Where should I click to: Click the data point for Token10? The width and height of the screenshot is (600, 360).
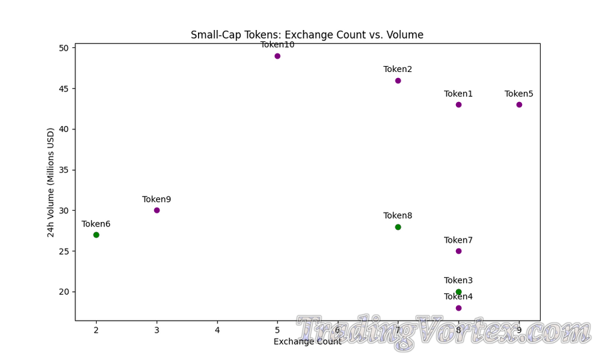(277, 56)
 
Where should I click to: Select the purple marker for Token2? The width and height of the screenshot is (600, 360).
(398, 81)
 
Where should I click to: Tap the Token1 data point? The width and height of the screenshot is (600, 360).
(459, 105)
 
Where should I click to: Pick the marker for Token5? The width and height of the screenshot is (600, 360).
(519, 105)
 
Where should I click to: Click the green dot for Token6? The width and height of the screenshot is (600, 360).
(96, 235)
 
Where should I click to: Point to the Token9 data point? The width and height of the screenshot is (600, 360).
(157, 210)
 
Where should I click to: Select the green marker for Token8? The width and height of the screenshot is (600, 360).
(398, 227)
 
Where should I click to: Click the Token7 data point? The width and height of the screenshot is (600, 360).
(459, 251)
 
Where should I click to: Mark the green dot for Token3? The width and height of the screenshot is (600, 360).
(459, 292)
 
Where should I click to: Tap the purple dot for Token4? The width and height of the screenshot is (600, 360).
(459, 308)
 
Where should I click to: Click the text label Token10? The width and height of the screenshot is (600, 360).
(277, 45)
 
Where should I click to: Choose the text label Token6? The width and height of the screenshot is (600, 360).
(96, 224)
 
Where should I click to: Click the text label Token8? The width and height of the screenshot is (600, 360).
(398, 215)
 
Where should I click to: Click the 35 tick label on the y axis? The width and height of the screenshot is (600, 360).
(64, 170)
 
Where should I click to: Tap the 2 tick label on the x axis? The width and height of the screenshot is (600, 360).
(96, 330)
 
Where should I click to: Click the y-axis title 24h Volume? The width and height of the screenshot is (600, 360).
(51, 182)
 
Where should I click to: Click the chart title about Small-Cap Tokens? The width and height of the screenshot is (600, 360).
(307, 35)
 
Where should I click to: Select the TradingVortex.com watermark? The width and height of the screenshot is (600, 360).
(443, 331)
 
